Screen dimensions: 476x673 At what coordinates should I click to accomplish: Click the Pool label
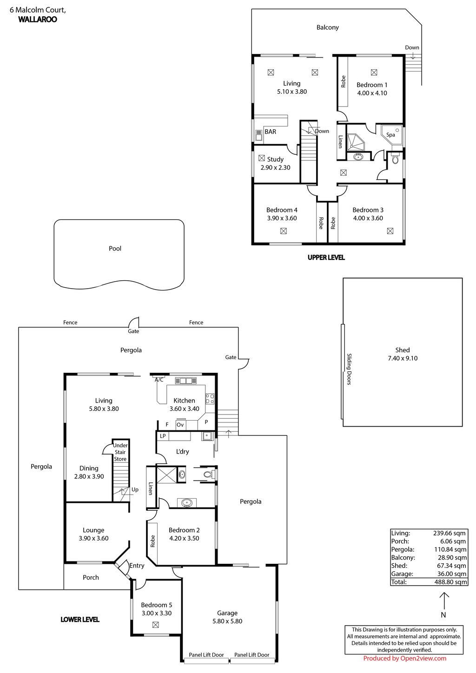coord(115,249)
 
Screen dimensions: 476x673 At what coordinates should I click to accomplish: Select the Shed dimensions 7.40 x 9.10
coord(403,358)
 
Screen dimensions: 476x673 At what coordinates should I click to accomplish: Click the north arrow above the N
coord(444,600)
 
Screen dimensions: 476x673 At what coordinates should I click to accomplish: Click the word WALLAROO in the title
coord(38,20)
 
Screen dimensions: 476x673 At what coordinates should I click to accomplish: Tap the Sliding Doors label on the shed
coord(349,369)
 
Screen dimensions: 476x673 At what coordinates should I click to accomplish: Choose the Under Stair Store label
coord(120,452)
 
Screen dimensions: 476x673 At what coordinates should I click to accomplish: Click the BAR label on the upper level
coord(270,132)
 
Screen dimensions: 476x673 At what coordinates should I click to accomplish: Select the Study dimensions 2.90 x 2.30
coord(275,168)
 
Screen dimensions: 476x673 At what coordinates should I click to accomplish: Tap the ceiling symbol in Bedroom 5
coord(155,625)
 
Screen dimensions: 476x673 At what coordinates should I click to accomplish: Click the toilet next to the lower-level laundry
coord(209,475)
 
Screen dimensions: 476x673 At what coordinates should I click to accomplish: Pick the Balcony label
coord(328,27)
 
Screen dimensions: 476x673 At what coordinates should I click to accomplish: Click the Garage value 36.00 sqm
coord(451,574)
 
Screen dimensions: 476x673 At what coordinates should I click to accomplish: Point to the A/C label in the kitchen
coord(159,380)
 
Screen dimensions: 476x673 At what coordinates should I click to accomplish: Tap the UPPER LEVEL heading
coord(326,257)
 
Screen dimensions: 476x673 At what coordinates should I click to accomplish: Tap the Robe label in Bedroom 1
coord(343,81)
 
